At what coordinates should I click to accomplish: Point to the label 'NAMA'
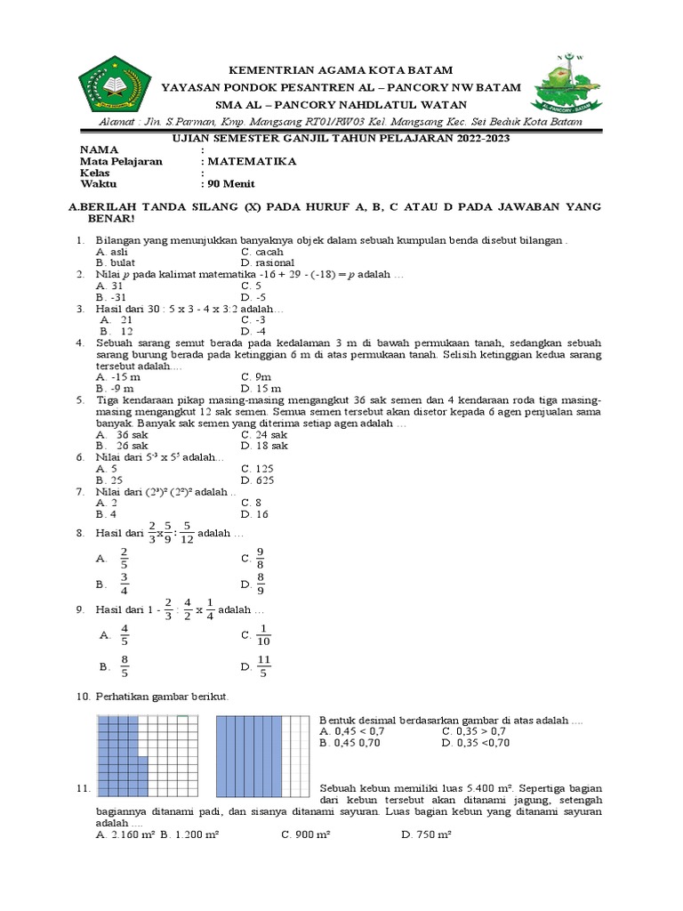point(98,150)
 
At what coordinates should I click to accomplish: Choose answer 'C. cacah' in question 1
point(262,252)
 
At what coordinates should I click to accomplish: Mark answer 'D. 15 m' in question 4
point(261,388)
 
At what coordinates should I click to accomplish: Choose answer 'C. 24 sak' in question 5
point(266,434)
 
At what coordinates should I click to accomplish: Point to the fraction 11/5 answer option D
point(262,666)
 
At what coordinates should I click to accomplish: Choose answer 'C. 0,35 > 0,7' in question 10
point(478,730)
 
